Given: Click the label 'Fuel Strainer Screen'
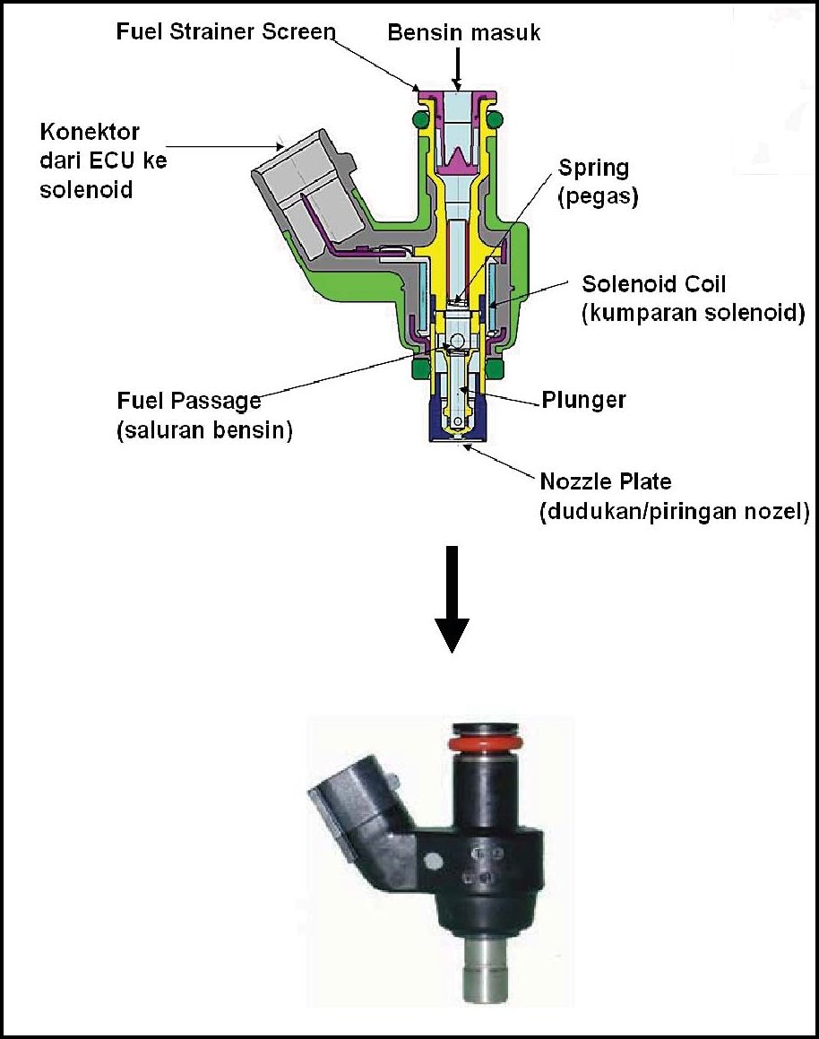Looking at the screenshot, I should (x=225, y=32).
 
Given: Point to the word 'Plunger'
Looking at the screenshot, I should (x=583, y=400).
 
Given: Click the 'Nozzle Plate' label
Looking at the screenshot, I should (x=605, y=482).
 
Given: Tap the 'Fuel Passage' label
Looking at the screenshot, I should (x=189, y=401).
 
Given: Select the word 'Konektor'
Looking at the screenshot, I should (x=90, y=133).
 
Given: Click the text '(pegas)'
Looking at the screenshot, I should (x=598, y=197).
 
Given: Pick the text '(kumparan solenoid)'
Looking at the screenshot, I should (x=693, y=315).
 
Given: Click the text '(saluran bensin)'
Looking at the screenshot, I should (x=205, y=430).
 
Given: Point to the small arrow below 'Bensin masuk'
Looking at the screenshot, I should (x=458, y=66).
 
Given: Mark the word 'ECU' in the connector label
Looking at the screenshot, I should (x=117, y=161).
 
